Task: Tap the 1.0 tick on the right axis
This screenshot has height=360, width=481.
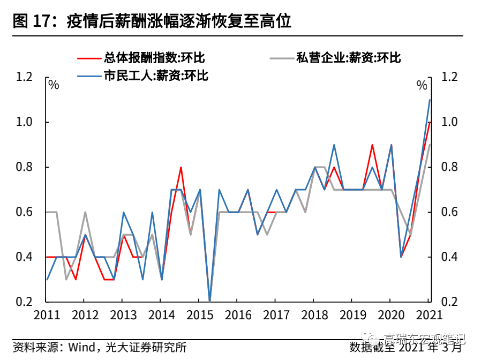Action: (450, 122)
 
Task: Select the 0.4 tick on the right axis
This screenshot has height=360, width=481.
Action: (450, 257)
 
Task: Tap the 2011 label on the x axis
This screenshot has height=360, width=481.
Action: (46, 314)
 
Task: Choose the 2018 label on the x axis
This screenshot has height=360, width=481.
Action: (315, 314)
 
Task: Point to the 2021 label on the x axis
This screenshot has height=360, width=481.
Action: (430, 314)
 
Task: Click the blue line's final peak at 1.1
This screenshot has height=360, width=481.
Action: (430, 100)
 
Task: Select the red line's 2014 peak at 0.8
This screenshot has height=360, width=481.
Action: (181, 167)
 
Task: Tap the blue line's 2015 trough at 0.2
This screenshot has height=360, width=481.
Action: (209, 302)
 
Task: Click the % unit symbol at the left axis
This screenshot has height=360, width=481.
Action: (54, 85)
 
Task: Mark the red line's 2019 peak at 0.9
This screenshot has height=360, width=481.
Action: (372, 145)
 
